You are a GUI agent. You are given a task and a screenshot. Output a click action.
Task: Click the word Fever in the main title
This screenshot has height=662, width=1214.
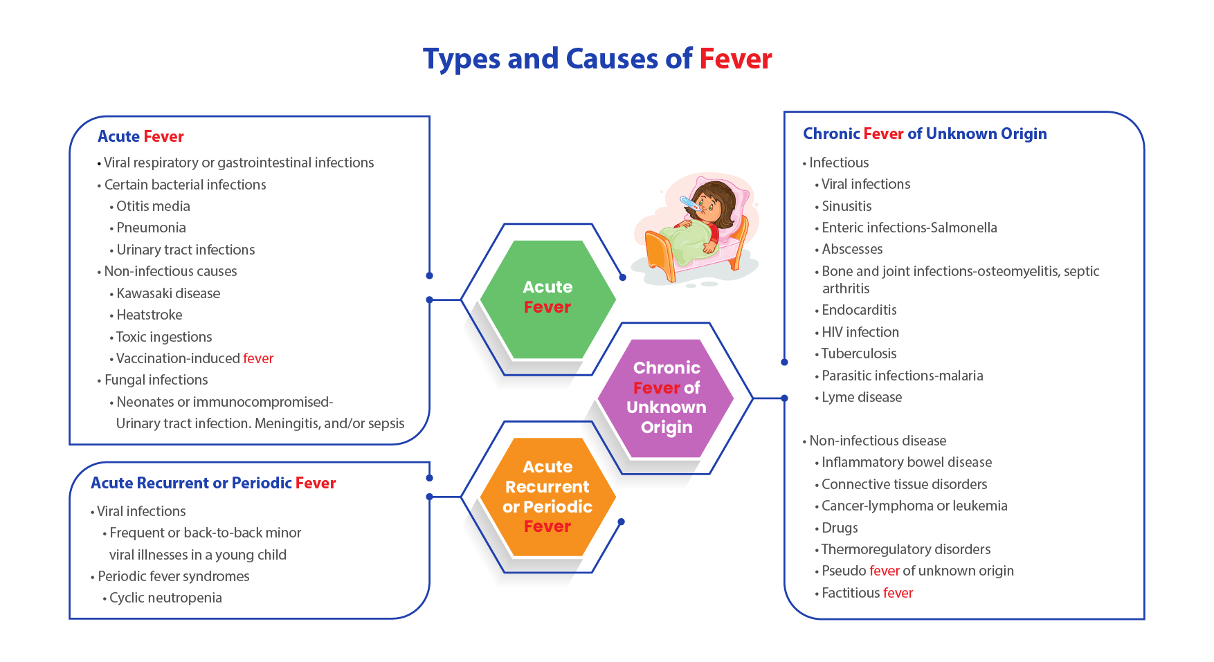(x=736, y=59)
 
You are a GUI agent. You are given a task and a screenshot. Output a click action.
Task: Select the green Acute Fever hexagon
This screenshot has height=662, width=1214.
(x=547, y=299)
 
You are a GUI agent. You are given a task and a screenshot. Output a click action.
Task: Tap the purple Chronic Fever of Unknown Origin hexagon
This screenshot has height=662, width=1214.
(x=666, y=398)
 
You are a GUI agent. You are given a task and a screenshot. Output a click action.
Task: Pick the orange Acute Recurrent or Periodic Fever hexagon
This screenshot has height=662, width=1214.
(x=547, y=497)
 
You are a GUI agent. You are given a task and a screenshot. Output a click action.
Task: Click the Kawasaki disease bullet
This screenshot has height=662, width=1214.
(x=168, y=293)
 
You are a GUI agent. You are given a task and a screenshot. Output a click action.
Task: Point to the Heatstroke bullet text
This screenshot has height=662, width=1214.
(x=150, y=315)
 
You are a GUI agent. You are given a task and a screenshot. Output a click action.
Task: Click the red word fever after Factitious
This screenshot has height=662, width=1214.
(x=898, y=593)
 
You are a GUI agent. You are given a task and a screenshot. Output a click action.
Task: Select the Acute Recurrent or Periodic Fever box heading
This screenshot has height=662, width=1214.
(x=213, y=483)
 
